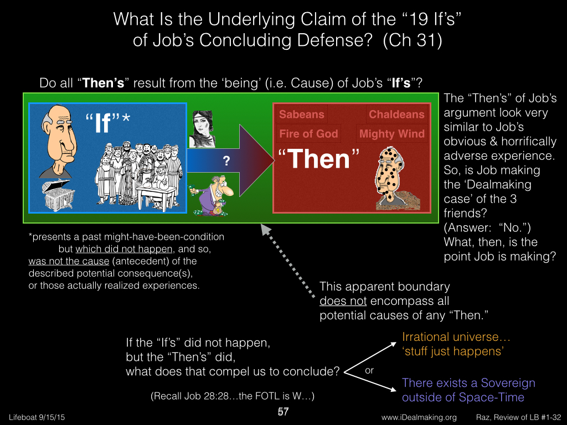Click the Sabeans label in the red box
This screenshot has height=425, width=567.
click(x=302, y=114)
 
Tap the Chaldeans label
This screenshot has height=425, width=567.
click(x=396, y=114)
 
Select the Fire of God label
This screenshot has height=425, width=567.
click(x=308, y=134)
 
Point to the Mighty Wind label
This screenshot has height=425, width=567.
click(x=391, y=134)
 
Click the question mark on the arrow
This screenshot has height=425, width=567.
click(x=226, y=161)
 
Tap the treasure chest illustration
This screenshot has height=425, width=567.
click(x=58, y=195)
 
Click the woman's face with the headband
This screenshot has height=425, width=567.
click(x=202, y=129)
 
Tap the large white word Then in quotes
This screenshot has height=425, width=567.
click(x=319, y=159)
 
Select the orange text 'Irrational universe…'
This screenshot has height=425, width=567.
click(x=456, y=337)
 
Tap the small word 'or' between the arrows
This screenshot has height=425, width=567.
click(x=369, y=370)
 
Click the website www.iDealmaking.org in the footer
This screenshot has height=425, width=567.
click(x=419, y=417)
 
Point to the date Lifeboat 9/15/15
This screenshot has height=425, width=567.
click(x=37, y=417)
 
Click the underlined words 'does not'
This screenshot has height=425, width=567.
click(x=343, y=300)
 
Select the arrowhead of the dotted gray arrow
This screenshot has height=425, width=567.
click(x=266, y=229)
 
